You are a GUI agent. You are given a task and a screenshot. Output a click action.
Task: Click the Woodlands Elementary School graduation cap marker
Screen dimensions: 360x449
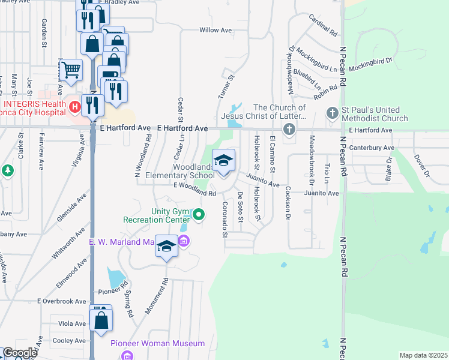point(224,161)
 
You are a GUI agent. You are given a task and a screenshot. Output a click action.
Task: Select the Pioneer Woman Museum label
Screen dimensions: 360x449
point(158,344)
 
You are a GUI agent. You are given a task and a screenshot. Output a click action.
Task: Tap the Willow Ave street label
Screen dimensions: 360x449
point(215,30)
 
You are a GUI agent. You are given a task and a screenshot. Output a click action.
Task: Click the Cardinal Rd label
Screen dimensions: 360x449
point(324,25)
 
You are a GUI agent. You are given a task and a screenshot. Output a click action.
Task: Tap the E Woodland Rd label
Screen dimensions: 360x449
point(194,190)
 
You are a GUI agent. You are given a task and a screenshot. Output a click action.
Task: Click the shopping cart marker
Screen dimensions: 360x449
point(71,70)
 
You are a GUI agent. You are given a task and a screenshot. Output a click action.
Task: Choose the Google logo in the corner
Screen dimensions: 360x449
point(19,353)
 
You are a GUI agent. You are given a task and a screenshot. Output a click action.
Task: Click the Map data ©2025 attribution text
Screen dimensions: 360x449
point(423,355)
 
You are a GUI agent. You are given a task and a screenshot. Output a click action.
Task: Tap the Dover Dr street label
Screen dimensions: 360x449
point(422,166)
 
